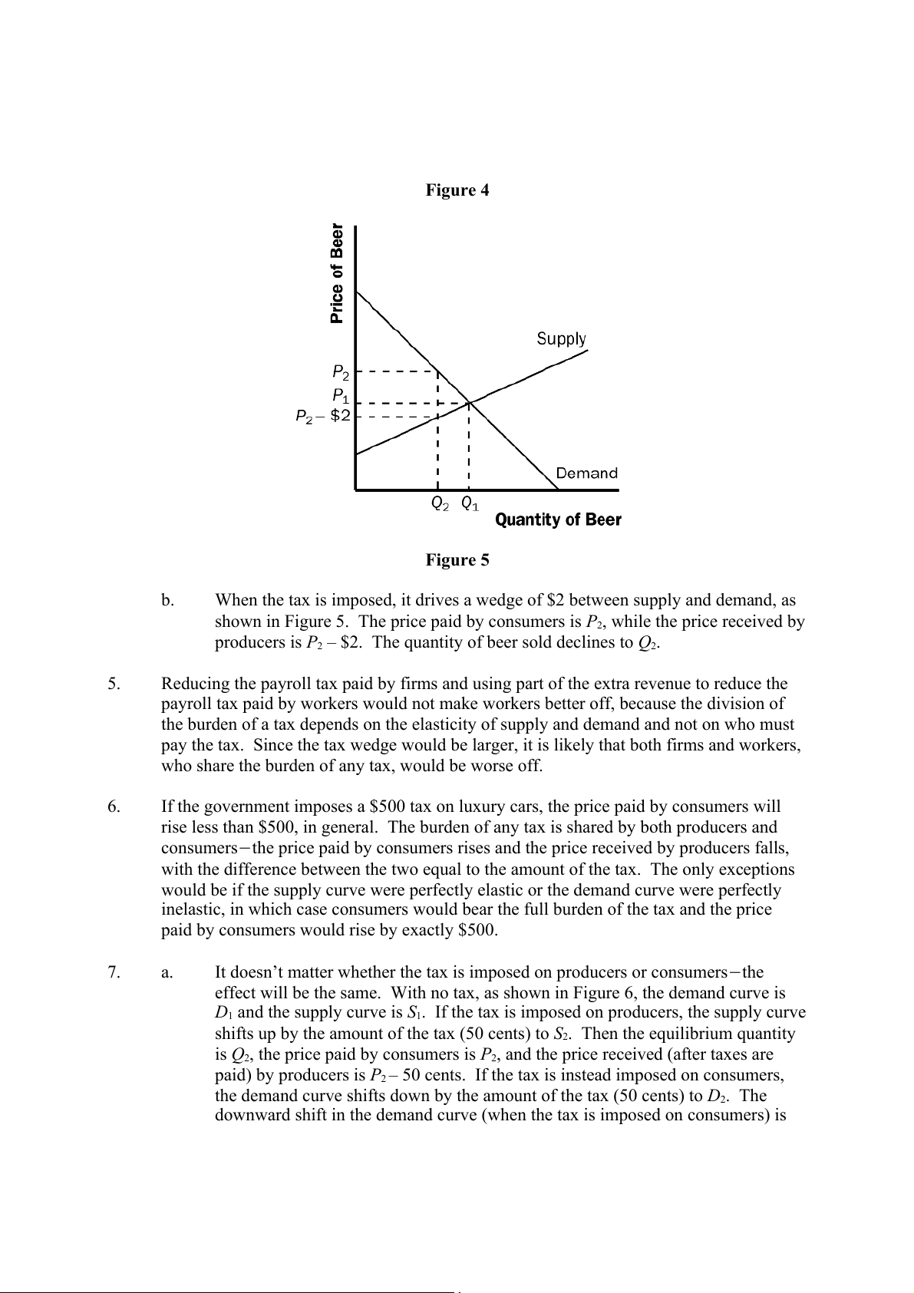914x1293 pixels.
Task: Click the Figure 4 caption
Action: tap(457, 190)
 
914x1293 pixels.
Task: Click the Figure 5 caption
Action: tap(457, 560)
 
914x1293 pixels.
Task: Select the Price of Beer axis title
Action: tap(336, 273)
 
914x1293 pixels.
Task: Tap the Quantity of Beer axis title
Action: tap(558, 520)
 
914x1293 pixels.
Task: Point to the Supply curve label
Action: tap(561, 338)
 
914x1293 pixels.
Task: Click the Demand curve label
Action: tap(586, 473)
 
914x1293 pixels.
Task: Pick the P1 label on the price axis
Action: tap(341, 397)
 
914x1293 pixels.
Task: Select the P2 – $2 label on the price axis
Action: tap(323, 416)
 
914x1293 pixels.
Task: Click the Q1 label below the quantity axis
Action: tap(470, 504)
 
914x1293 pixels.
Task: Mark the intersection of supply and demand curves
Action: tap(469, 403)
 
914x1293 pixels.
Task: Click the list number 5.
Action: tap(114, 684)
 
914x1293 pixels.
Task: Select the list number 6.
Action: tap(114, 806)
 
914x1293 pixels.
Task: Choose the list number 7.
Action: tap(114, 973)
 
